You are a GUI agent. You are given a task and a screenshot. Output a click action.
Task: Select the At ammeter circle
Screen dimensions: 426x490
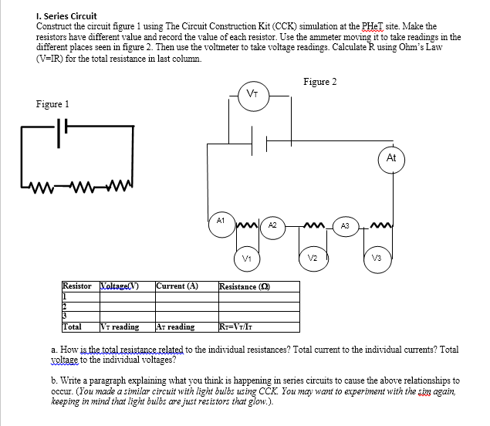391,158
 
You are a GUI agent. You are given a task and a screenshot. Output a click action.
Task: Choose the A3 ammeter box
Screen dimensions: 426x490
346,225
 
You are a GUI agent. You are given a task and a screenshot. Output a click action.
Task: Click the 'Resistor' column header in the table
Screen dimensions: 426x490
77,286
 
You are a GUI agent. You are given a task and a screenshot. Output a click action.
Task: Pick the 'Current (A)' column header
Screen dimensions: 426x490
177,286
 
